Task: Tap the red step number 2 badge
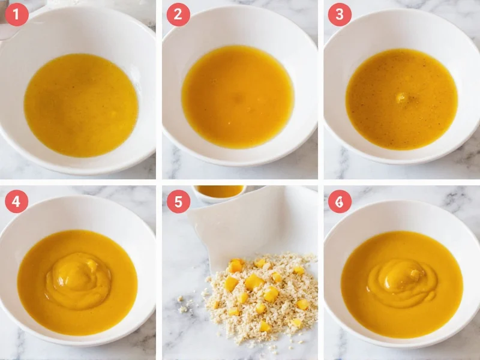click(178, 14)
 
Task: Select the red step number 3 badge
click(340, 14)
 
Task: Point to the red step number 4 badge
click(17, 202)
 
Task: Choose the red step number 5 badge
click(178, 202)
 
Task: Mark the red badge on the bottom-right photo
click(340, 202)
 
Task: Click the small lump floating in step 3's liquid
click(401, 98)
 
